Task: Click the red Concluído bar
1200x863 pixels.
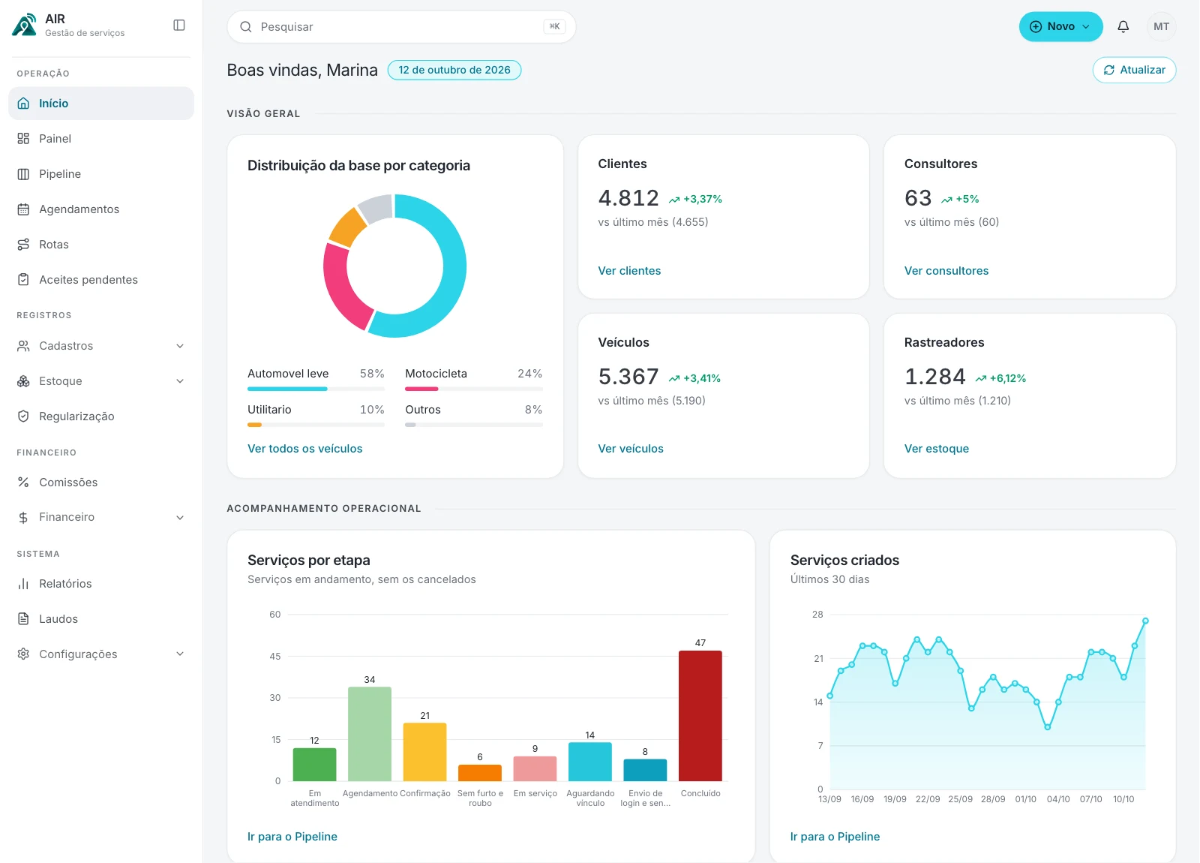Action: pos(700,716)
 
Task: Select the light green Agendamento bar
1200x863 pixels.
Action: pos(370,734)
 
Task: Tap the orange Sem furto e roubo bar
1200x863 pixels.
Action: pos(480,773)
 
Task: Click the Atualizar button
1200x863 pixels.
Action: pos(1134,71)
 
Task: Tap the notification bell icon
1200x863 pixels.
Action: pos(1123,26)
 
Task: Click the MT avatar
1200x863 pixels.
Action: pos(1162,26)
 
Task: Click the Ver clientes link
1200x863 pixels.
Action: pos(629,271)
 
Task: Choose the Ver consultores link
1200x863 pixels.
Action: pos(946,271)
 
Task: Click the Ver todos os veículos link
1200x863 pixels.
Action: pos(304,449)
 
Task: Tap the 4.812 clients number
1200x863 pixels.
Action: pos(628,198)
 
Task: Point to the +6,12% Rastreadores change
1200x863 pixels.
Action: pos(1000,378)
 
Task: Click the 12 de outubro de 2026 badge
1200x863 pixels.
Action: pos(454,71)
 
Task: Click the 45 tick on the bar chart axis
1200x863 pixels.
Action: pos(275,656)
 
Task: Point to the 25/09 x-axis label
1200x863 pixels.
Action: pos(960,799)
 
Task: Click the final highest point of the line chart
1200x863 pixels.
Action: pos(1145,621)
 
